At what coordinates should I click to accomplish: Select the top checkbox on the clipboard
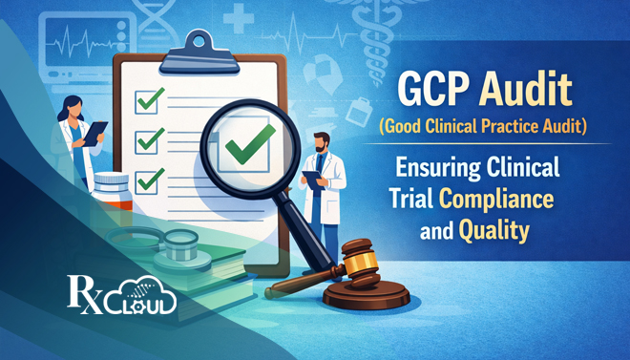click(148, 98)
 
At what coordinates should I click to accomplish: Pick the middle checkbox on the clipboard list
click(148, 139)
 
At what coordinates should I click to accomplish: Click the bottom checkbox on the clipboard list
click(148, 179)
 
